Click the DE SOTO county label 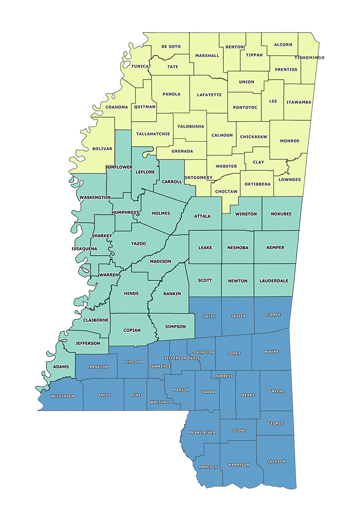(171, 47)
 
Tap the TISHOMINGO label (309, 58)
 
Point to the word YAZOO (139, 243)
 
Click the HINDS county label (131, 293)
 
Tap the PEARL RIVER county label (202, 432)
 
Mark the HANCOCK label (208, 467)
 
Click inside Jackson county (276, 461)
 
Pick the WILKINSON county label (62, 396)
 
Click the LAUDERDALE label (274, 281)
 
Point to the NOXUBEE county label (280, 214)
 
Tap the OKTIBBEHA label (258, 184)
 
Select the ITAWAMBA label (299, 102)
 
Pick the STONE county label (239, 430)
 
